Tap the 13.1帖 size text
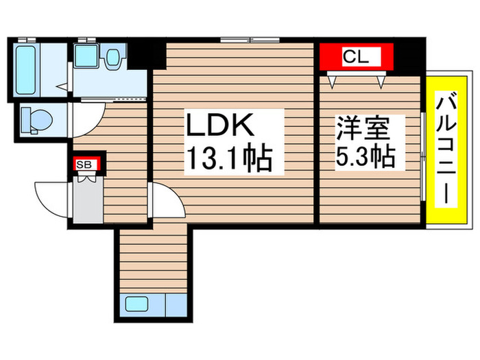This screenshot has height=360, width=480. pos(227,160)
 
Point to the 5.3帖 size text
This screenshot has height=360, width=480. pos(364,158)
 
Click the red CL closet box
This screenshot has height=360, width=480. pos(355,57)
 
